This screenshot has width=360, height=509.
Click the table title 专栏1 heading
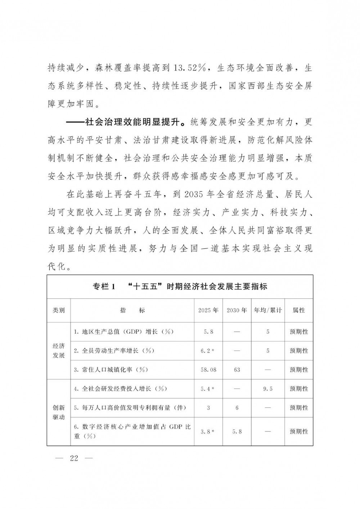[x=180, y=287]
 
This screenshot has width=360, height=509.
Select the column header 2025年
[x=208, y=310]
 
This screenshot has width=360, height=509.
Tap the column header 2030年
[x=237, y=310]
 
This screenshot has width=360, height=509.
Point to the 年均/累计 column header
[x=268, y=310]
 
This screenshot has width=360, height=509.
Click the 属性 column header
[x=299, y=310]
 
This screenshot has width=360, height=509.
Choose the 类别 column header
[x=59, y=310]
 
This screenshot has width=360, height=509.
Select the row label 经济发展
[x=59, y=351]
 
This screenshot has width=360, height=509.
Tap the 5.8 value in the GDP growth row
[x=208, y=332]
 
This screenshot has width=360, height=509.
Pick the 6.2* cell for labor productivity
[x=208, y=351]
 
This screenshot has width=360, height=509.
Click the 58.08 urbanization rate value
[x=208, y=370]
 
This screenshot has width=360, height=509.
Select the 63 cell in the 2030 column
[x=237, y=370]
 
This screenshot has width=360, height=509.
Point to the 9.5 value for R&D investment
[x=268, y=389]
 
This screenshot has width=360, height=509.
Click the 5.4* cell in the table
[x=208, y=389]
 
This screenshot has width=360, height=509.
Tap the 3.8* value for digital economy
[x=208, y=432]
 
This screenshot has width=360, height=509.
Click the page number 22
[x=74, y=458]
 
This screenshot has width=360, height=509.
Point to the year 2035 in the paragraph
[x=195, y=195]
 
